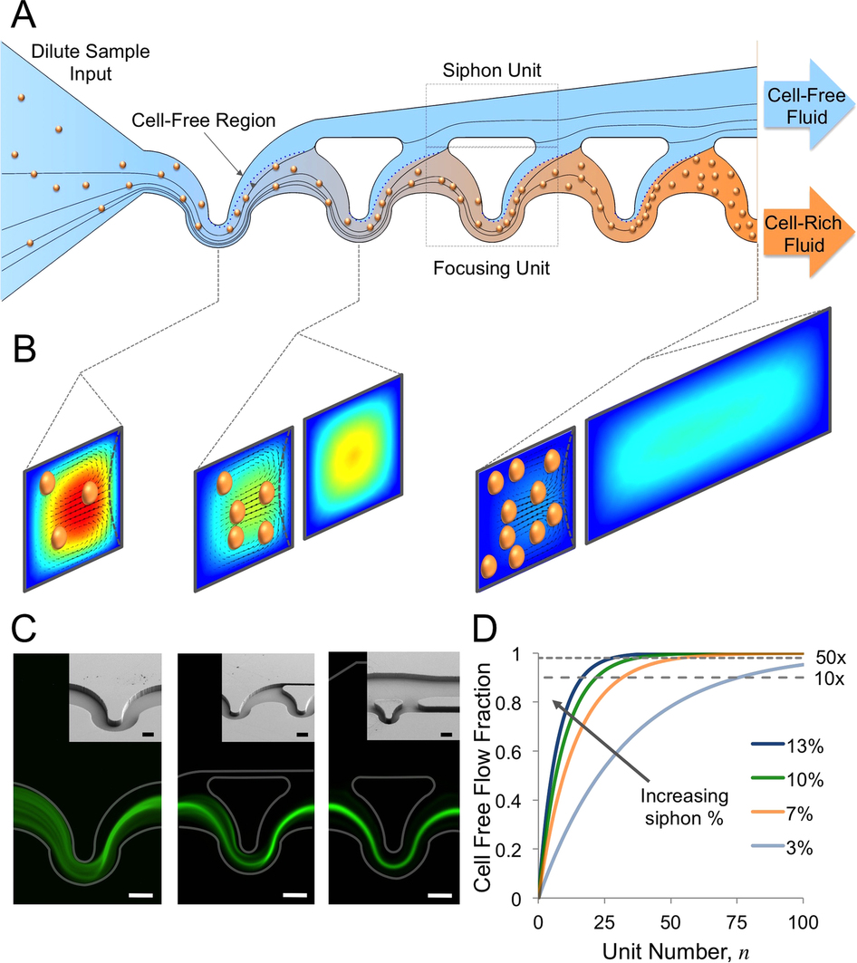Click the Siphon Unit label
(491, 70)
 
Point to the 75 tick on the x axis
(737, 918)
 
